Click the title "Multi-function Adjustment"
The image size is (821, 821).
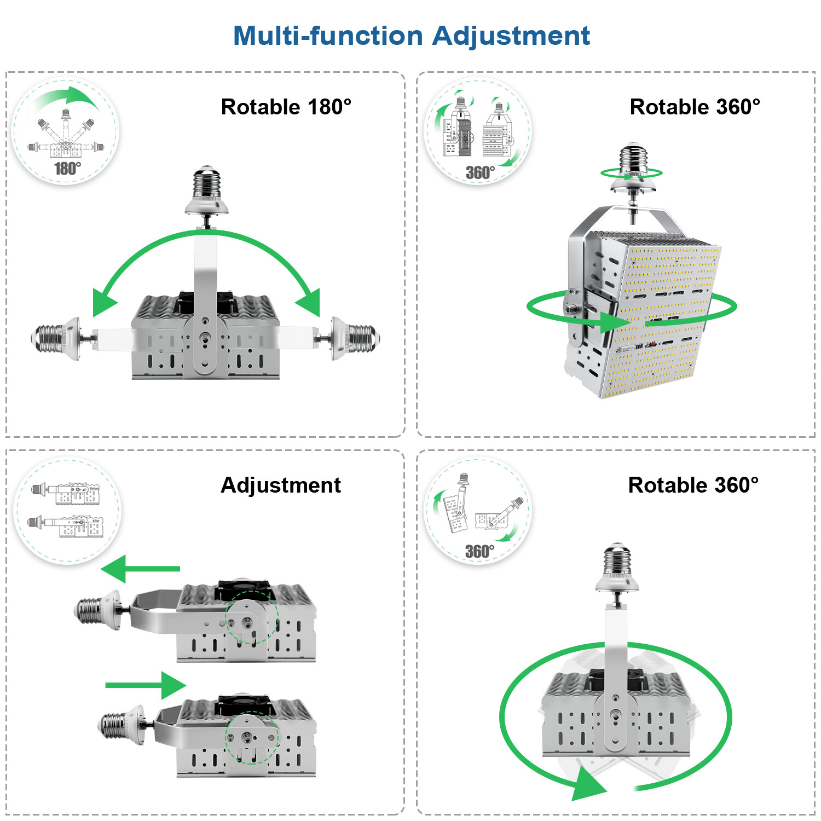tap(412, 36)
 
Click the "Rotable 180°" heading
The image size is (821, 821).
tap(286, 107)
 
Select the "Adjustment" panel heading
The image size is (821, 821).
tap(280, 485)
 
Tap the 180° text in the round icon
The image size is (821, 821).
tap(67, 168)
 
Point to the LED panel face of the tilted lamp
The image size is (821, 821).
tap(662, 317)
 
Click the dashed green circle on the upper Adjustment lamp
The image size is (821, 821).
tap(251, 617)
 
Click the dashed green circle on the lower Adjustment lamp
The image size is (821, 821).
tap(252, 738)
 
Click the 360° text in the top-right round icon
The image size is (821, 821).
tap(480, 172)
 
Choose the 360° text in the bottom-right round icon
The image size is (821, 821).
tap(479, 551)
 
